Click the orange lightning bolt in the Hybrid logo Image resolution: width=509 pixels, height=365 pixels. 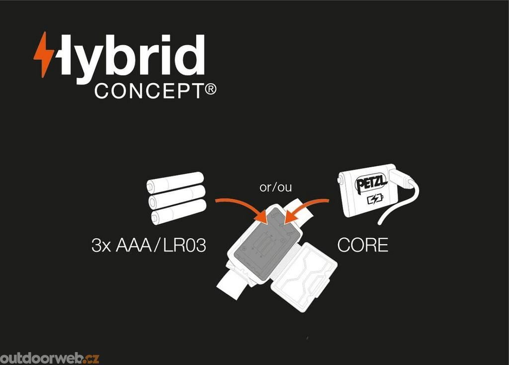pos(44,54)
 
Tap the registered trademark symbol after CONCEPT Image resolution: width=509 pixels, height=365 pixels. pos(211,90)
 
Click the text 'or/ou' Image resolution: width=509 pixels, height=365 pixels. pos(276,188)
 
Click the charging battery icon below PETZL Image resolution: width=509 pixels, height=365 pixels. pos(375,200)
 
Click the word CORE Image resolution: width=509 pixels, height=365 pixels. pos(363,245)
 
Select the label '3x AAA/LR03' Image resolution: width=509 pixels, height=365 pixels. pos(148,246)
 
